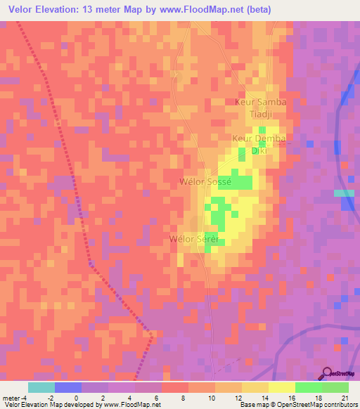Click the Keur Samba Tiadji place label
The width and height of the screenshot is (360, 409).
tap(260, 108)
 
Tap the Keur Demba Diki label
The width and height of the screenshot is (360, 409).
tap(259, 144)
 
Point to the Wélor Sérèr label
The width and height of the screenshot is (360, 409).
tap(195, 240)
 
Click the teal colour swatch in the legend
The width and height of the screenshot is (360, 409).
tap(41, 387)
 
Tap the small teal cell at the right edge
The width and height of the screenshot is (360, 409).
tap(344, 193)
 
